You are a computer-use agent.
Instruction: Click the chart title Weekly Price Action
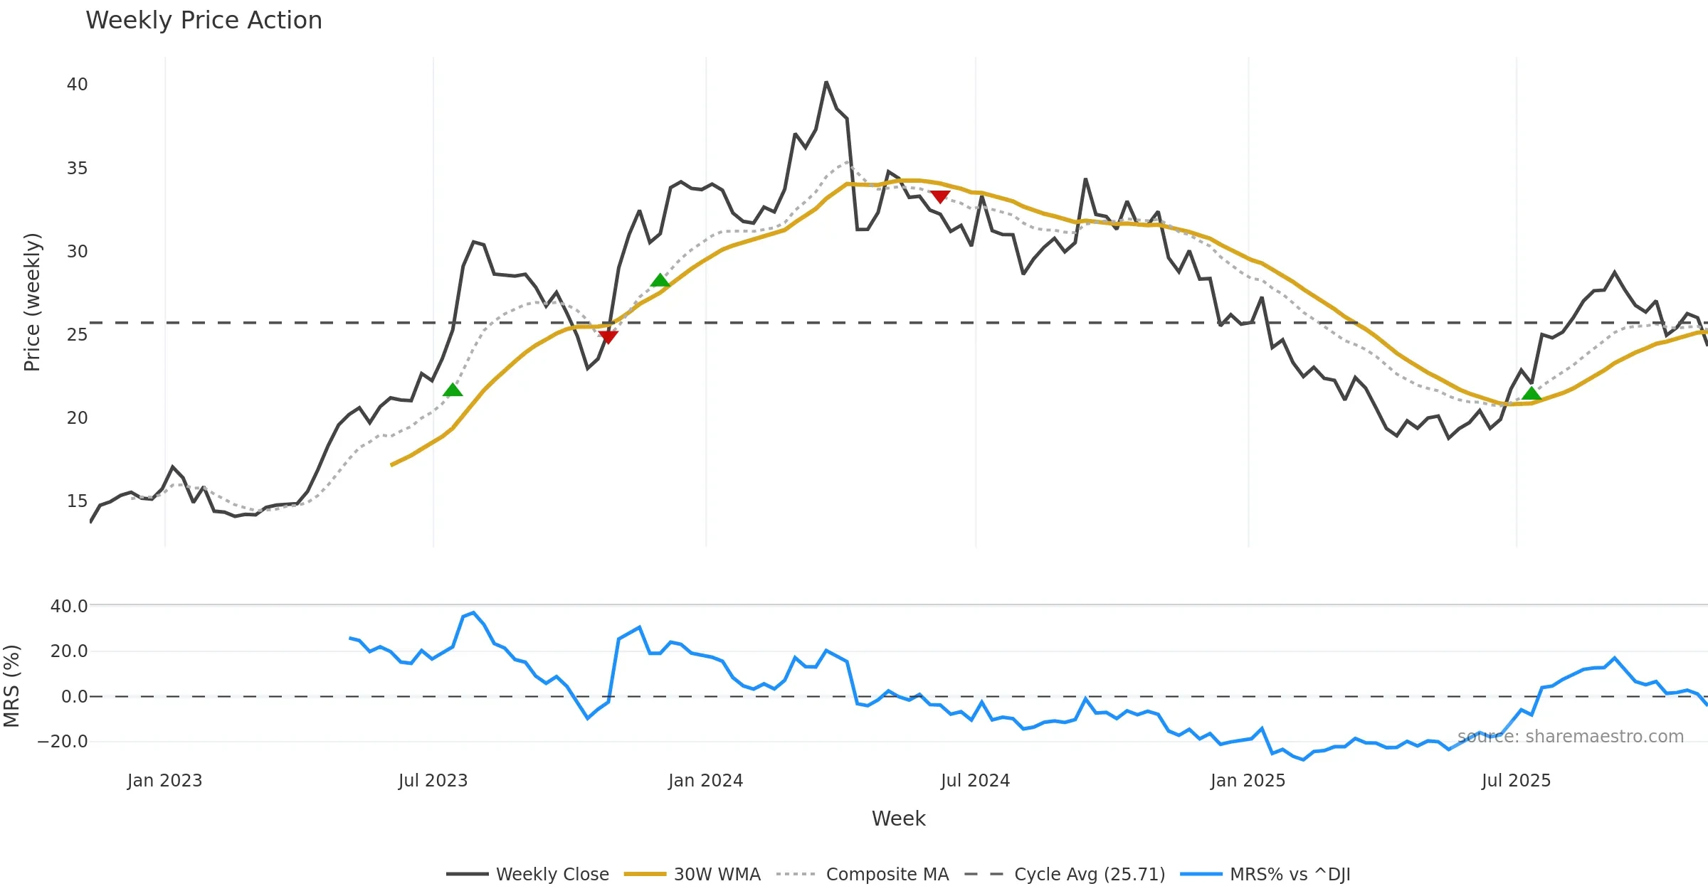(204, 21)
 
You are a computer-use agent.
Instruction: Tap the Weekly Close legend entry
(552, 874)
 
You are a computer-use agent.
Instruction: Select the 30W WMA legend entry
(717, 874)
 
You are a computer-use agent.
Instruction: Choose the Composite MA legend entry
(887, 874)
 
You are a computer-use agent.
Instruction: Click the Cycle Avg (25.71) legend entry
(1089, 874)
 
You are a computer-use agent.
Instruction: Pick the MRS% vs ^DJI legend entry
(1290, 874)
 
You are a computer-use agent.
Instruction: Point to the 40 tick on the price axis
(77, 85)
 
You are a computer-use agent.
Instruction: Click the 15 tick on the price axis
(77, 501)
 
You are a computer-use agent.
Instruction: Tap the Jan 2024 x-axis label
(705, 781)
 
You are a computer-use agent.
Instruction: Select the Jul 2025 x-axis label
(1516, 781)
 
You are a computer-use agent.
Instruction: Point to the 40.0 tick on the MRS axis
(69, 607)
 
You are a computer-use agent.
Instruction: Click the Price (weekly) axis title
(32, 302)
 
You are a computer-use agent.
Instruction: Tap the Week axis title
(898, 818)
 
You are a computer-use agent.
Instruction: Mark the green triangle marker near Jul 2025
(1532, 394)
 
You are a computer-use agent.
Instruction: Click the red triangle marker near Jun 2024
(940, 196)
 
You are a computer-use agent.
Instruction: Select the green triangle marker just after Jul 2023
(453, 390)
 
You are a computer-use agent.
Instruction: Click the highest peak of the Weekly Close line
(826, 82)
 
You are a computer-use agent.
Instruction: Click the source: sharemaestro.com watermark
(1570, 737)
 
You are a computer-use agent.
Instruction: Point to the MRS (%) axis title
(11, 686)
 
